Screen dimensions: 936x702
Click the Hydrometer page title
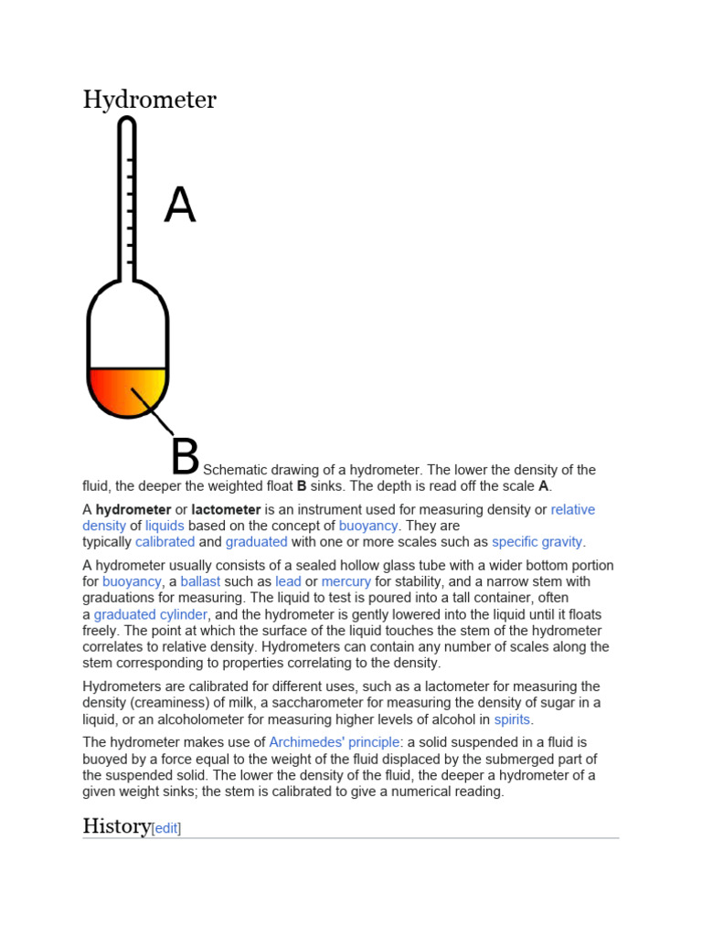150,99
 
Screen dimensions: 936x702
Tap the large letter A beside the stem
180,206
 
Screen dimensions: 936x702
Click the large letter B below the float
185,456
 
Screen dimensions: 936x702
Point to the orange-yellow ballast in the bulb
127,389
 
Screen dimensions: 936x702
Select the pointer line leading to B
153,411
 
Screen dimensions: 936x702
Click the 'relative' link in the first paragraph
572,509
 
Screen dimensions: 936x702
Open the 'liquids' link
165,526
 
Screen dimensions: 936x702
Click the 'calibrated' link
165,542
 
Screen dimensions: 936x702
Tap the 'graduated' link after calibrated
257,542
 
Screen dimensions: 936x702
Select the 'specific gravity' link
537,542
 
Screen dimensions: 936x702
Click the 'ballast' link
200,581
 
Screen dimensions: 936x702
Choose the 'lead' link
288,581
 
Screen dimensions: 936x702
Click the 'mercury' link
346,581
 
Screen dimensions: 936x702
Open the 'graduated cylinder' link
151,614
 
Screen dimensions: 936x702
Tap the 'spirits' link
512,719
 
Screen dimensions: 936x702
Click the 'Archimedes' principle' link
335,742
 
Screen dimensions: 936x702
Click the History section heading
116,826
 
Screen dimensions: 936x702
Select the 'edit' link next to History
166,828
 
